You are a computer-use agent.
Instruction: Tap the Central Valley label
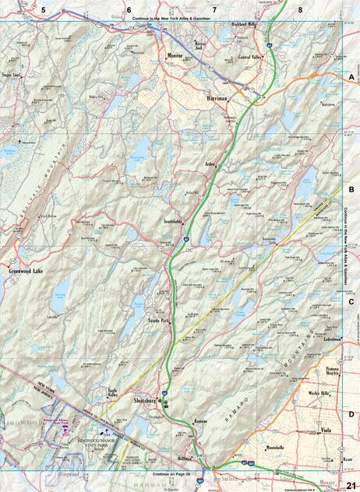[x=250, y=58]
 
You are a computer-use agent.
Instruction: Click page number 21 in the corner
[x=349, y=484]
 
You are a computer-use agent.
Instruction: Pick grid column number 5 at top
[x=44, y=9]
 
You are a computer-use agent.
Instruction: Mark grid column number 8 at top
[x=300, y=9]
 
